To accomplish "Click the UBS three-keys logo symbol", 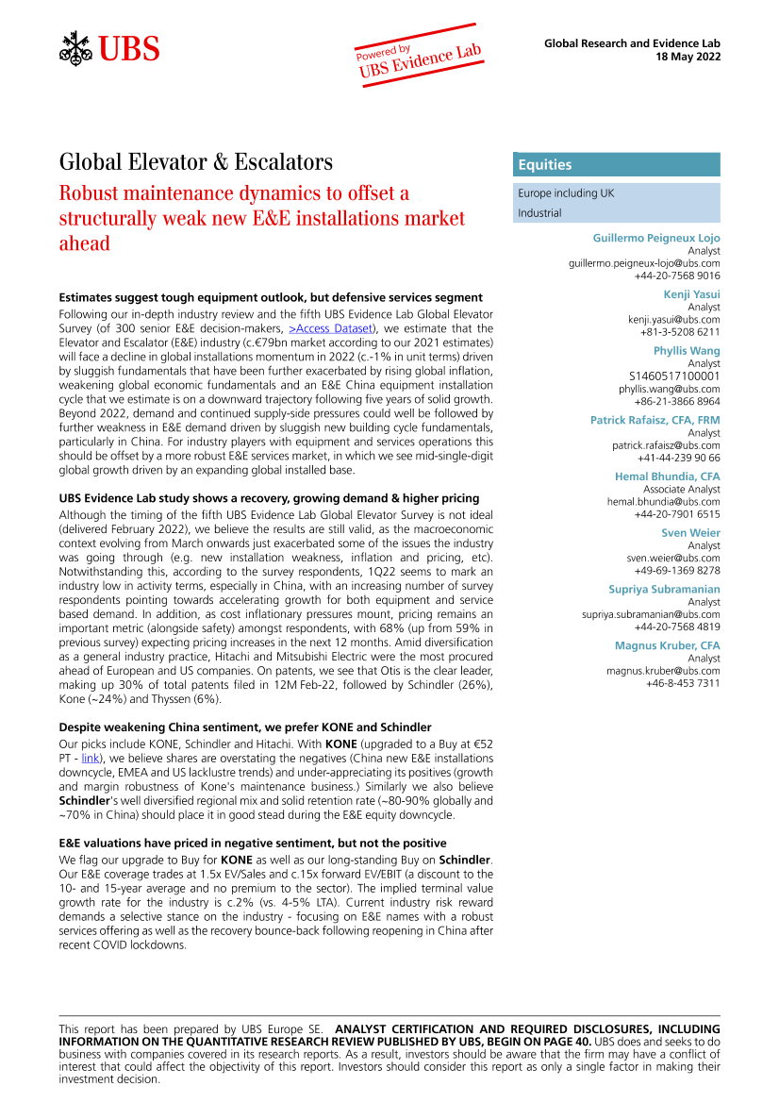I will [x=75, y=48].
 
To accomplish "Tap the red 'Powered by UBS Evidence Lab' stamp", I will [x=420, y=57].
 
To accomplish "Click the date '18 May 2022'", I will [x=688, y=57].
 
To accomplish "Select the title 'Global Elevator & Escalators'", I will [x=195, y=162].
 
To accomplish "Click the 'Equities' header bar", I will [x=617, y=165].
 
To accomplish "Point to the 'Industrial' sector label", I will [x=539, y=213].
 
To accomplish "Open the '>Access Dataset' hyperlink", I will [x=332, y=327].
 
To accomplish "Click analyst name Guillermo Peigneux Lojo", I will [x=655, y=239].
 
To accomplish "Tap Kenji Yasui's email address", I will [x=673, y=320].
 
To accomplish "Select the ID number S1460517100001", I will [x=674, y=376].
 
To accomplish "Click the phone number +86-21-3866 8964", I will [x=677, y=401].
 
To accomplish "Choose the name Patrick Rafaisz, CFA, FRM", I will [x=655, y=420].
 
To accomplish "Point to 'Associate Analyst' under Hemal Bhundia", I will [x=681, y=490].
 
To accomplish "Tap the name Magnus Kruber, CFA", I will [x=667, y=645].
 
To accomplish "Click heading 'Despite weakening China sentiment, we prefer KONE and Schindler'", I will [x=245, y=727].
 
